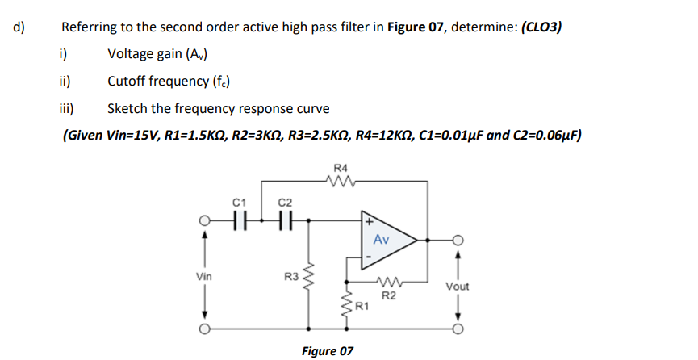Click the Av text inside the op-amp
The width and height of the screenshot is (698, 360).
(382, 240)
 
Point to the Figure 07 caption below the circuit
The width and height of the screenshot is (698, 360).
(327, 351)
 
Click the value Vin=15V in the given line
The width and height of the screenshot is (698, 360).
(132, 134)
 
